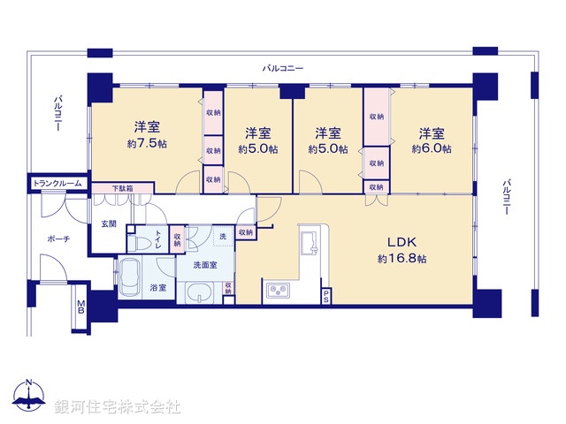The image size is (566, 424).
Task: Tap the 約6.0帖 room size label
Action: (x=431, y=150)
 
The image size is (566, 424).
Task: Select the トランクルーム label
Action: (x=57, y=184)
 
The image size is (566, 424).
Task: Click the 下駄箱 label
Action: (x=121, y=188)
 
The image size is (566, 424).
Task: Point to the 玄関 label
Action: (x=108, y=223)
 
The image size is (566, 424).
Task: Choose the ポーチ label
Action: (x=59, y=239)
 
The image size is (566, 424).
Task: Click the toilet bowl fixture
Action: (x=141, y=240)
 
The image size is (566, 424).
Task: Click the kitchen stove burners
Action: (x=278, y=290)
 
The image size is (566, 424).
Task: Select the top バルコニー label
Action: (x=283, y=68)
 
